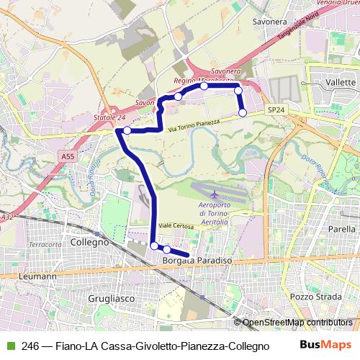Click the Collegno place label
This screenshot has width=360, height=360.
pyautogui.click(x=89, y=243)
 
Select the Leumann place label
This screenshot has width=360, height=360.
pyautogui.click(x=39, y=276)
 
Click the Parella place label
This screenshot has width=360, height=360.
pyautogui.click(x=341, y=229)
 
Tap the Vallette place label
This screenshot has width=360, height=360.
pyautogui.click(x=341, y=83)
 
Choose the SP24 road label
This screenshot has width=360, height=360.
pyautogui.click(x=276, y=109)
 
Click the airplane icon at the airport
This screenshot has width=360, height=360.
pyautogui.click(x=214, y=194)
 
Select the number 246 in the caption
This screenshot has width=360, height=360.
pyautogui.click(x=30, y=346)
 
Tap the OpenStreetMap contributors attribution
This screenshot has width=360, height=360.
pyautogui.click(x=297, y=323)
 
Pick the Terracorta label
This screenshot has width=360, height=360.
pyautogui.click(x=45, y=245)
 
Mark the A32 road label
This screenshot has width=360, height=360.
pyautogui.click(x=7, y=216)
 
